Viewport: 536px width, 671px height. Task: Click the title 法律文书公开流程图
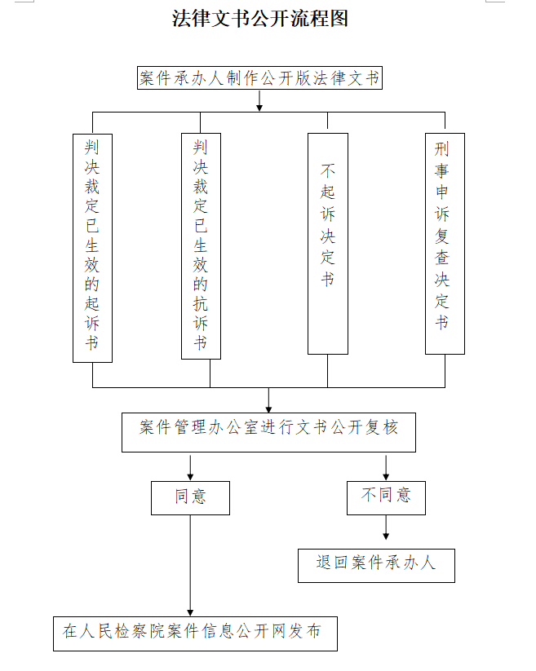click(x=260, y=19)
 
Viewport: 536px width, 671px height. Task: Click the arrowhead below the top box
click(x=259, y=108)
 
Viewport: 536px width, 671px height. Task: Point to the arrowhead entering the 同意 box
click(x=191, y=477)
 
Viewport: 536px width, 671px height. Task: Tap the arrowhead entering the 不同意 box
click(x=386, y=477)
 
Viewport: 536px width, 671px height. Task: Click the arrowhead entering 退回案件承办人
click(x=386, y=536)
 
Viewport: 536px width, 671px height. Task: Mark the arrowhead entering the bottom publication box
click(x=191, y=613)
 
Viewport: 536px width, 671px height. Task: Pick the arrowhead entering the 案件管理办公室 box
click(x=269, y=409)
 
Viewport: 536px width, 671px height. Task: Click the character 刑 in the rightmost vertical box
click(x=442, y=149)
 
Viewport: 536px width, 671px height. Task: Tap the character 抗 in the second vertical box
click(x=201, y=303)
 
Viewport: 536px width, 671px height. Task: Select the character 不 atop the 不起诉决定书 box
click(x=327, y=170)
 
